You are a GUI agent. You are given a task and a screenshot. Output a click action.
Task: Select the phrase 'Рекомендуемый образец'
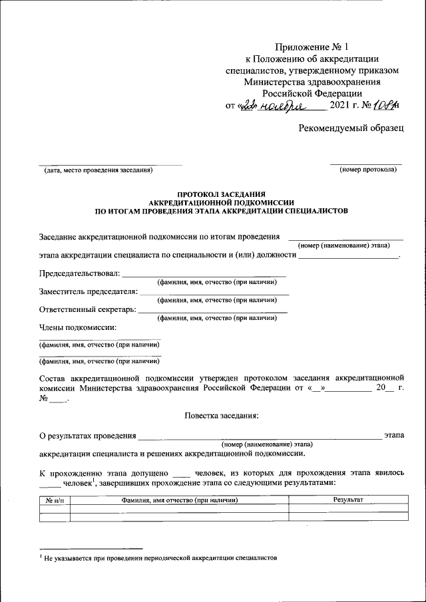[351, 128]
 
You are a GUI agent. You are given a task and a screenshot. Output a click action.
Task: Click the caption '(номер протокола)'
[367, 170]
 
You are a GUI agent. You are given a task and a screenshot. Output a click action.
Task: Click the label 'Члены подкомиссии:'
[78, 327]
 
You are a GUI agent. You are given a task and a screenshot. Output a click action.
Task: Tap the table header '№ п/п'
[55, 500]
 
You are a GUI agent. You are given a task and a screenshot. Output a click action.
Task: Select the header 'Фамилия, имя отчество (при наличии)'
[180, 500]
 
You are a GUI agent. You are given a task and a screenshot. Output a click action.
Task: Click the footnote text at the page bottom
[160, 558]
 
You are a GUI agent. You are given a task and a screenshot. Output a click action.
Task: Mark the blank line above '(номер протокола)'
[366, 162]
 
